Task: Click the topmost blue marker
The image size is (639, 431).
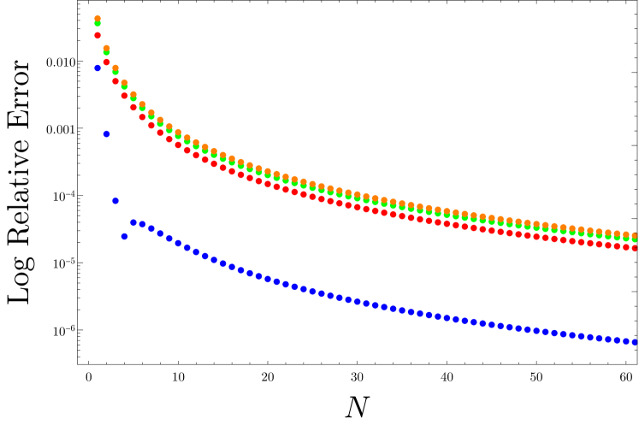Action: click(98, 68)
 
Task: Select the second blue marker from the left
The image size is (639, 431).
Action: click(106, 134)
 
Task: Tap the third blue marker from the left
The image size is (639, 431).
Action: click(115, 201)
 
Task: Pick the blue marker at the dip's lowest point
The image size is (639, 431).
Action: click(124, 236)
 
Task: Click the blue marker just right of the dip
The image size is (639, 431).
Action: click(133, 222)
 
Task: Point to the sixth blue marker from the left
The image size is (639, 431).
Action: click(142, 224)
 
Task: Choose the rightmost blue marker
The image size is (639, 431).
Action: click(635, 342)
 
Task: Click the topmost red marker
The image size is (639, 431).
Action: click(98, 36)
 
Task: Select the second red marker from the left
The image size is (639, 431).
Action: click(106, 62)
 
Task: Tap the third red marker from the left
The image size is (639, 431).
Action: click(115, 81)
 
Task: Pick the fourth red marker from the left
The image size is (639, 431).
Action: click(124, 96)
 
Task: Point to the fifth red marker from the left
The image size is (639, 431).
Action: click(133, 107)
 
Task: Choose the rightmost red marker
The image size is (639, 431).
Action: click(635, 248)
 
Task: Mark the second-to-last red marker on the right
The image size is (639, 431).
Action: click(625, 247)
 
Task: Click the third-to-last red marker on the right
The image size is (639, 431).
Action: click(617, 245)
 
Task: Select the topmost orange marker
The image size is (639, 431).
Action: click(98, 19)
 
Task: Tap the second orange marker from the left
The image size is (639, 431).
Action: click(106, 49)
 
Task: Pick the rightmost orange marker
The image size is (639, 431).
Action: click(635, 235)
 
